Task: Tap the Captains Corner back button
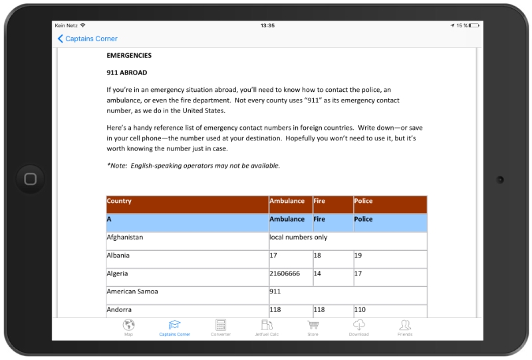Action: (x=87, y=39)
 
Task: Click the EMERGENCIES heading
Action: (x=129, y=56)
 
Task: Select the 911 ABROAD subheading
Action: (x=127, y=73)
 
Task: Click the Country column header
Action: (x=120, y=201)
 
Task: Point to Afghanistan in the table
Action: (x=125, y=237)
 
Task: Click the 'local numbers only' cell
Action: (x=299, y=237)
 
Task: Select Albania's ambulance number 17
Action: (x=273, y=256)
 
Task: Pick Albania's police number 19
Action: (x=358, y=256)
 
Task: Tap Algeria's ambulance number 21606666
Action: (x=285, y=273)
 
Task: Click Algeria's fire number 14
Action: (x=317, y=273)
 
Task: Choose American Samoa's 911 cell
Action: (x=275, y=291)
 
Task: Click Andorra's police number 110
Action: (x=360, y=310)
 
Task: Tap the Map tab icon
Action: (x=129, y=325)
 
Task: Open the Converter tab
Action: (x=221, y=325)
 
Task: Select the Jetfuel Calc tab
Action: (x=267, y=325)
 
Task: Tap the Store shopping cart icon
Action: (x=313, y=325)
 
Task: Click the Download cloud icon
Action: (x=358, y=325)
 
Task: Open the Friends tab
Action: (x=405, y=325)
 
